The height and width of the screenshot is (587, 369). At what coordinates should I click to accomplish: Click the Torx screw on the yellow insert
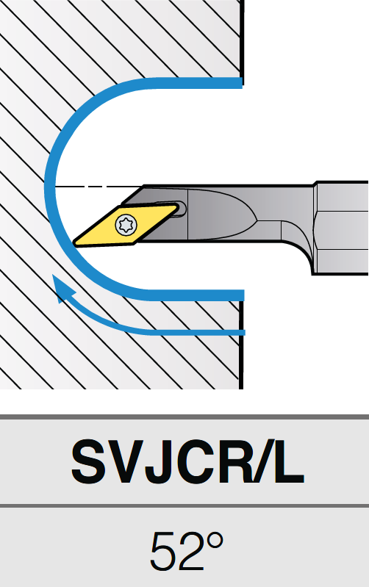(126, 225)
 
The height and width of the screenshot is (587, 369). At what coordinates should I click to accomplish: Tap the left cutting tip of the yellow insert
(75, 243)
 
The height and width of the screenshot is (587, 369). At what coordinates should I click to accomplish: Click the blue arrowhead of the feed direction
(62, 287)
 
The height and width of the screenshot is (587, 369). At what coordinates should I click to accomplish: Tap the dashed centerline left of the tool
(99, 186)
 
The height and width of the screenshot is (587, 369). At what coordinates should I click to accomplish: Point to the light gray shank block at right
(341, 228)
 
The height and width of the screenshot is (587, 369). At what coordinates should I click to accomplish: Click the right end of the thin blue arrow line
(243, 332)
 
